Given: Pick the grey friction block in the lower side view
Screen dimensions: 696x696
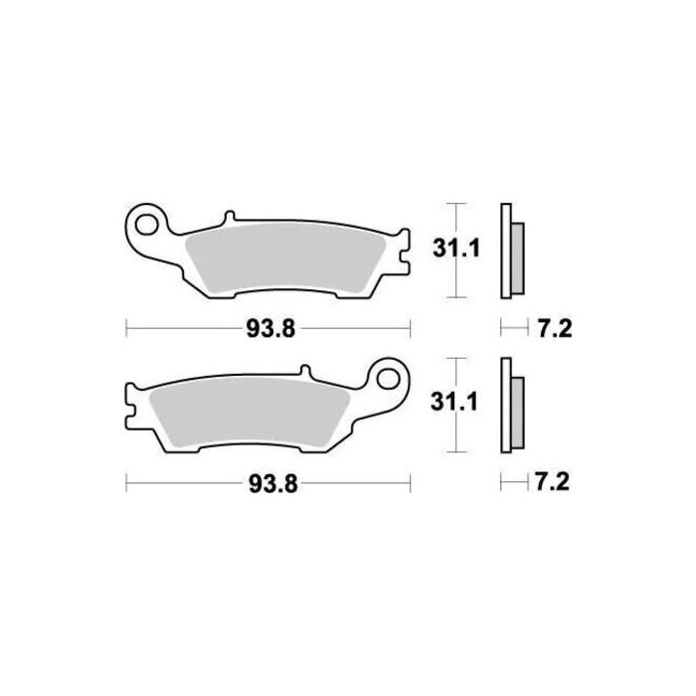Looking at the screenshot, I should [x=516, y=411].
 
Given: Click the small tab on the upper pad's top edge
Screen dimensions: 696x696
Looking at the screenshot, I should [x=230, y=216].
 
